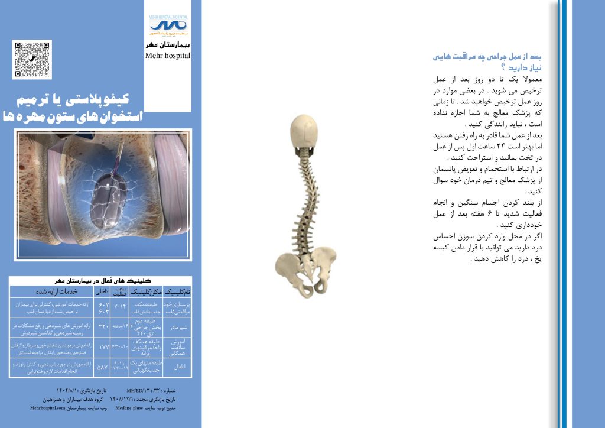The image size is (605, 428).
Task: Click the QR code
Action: click(32, 59)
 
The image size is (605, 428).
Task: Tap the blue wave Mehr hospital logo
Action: click(168, 25)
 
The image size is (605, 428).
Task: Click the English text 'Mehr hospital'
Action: click(168, 56)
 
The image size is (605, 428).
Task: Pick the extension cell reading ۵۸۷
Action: click(101, 368)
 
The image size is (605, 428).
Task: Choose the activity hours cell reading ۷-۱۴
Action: click(120, 306)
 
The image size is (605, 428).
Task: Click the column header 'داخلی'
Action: click(101, 291)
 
